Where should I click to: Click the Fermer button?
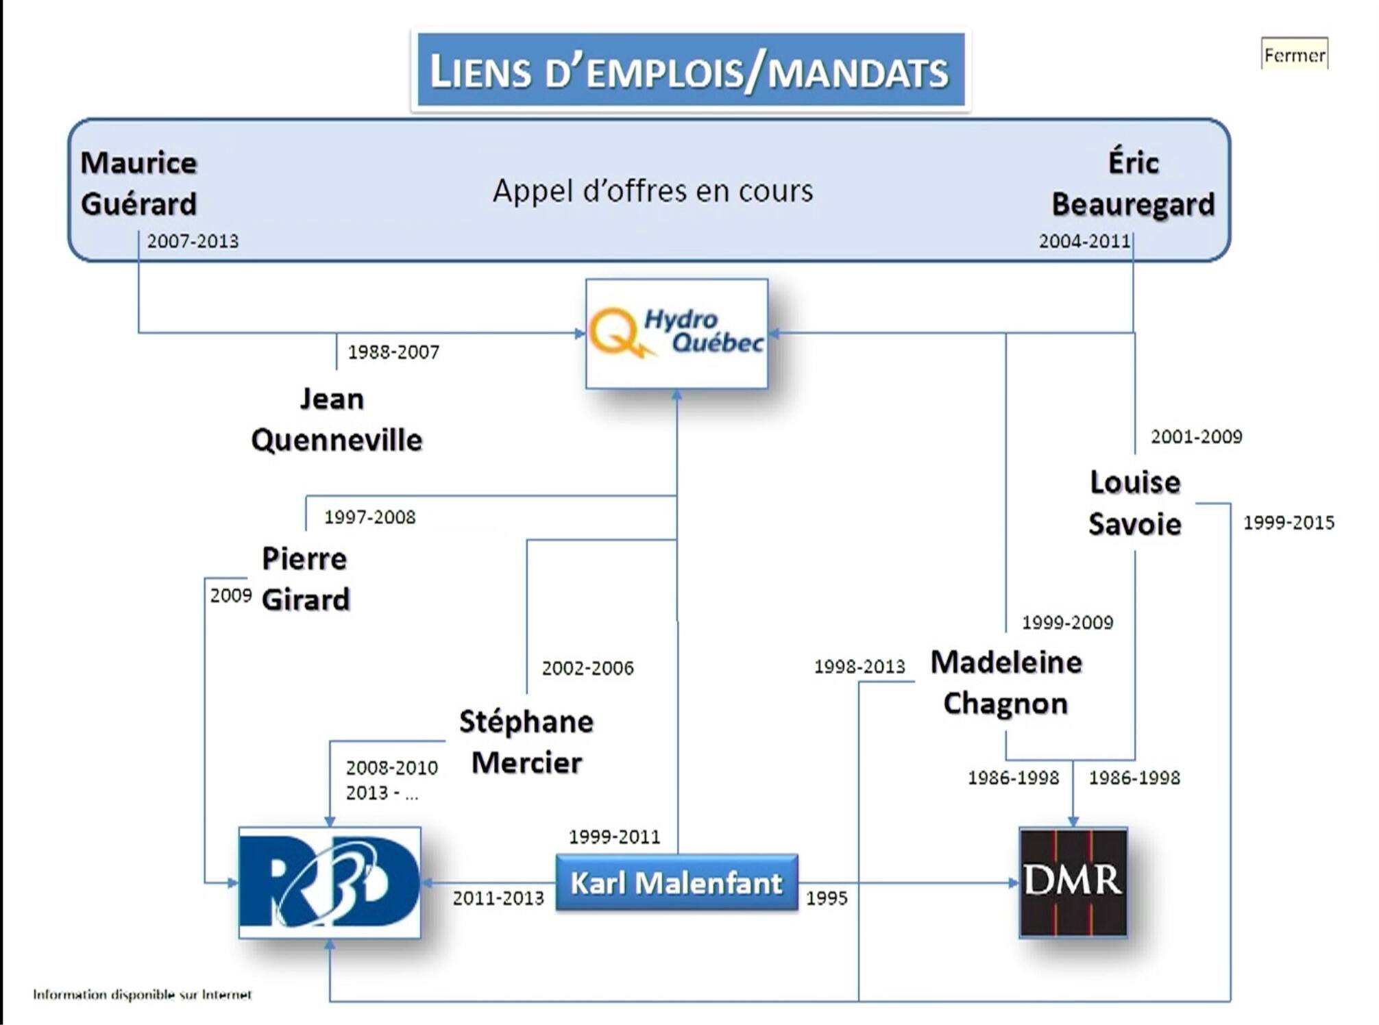click(1294, 55)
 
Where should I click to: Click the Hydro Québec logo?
click(676, 334)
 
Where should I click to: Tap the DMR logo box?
click(1073, 882)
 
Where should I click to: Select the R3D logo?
click(330, 882)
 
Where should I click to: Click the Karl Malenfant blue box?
click(676, 882)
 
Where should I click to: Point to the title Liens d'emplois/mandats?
click(690, 71)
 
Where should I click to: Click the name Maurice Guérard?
click(138, 184)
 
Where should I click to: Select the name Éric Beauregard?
click(1133, 184)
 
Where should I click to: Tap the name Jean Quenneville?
click(336, 419)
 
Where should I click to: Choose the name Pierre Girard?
click(305, 579)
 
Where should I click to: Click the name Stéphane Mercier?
click(526, 742)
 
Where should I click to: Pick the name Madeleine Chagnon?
click(1005, 682)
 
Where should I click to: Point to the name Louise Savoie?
click(1135, 503)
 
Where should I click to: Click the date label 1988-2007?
click(393, 352)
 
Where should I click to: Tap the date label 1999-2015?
click(1289, 523)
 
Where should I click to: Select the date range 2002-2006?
click(587, 668)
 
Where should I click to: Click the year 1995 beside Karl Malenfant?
click(827, 898)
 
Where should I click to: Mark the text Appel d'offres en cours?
click(652, 190)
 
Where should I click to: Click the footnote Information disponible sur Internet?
click(142, 994)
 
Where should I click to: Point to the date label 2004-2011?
click(1084, 241)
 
